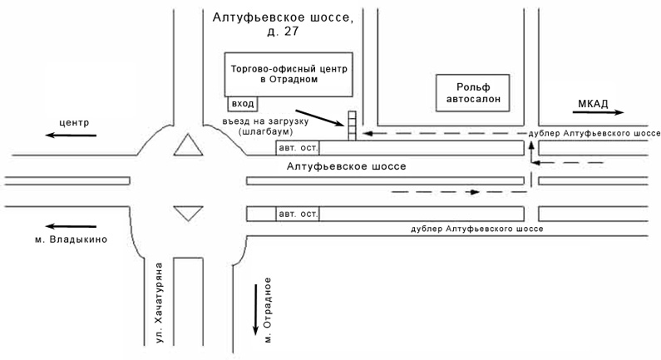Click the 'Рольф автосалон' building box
[473, 92]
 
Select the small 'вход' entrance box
[243, 104]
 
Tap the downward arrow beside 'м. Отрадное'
[255, 308]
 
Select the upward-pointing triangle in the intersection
[187, 147]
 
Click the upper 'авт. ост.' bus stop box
[298, 148]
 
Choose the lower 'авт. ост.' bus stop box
[298, 214]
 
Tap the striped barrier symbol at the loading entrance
[352, 126]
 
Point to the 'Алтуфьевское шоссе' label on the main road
[346, 166]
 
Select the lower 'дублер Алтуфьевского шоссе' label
[477, 227]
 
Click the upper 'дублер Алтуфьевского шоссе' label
[594, 133]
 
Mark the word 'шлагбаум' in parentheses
[262, 132]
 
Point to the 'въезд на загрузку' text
[271, 121]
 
